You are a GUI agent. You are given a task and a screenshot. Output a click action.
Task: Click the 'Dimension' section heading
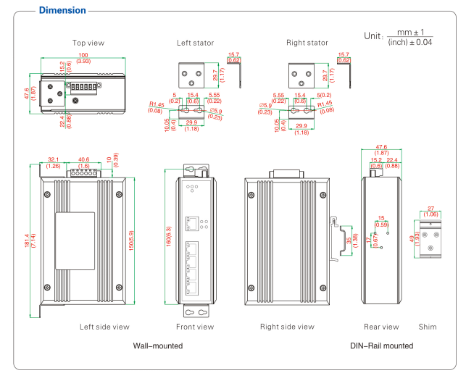pos(62,11)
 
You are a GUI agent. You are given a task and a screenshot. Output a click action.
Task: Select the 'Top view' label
pos(88,43)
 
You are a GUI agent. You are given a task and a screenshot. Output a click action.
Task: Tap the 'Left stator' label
pos(196,43)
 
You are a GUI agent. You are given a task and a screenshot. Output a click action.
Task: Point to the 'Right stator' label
pos(307,43)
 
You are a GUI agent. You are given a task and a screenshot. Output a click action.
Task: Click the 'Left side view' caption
pos(104,327)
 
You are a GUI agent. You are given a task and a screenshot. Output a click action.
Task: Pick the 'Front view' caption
pos(195,327)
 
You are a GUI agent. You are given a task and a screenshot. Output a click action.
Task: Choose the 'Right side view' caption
pos(287,327)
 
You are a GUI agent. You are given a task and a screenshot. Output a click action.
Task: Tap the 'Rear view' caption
pos(381,327)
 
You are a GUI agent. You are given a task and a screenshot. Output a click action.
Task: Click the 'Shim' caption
pos(428,327)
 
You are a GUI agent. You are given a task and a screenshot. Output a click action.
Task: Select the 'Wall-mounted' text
pos(158,346)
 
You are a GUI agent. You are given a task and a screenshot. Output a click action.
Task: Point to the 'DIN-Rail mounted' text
pos(381,346)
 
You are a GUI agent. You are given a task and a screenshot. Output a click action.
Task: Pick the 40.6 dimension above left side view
pos(83,160)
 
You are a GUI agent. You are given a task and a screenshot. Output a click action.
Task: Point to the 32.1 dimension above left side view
pos(53,160)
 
